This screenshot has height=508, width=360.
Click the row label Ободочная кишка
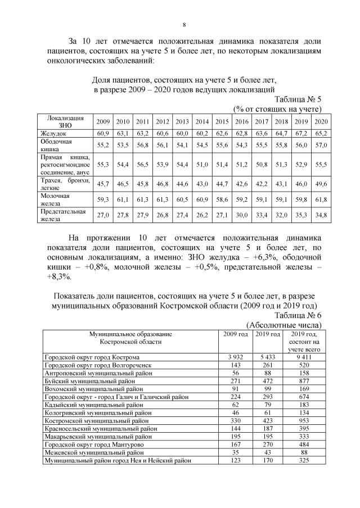click(x=53, y=146)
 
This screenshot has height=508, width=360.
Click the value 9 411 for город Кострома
click(x=304, y=357)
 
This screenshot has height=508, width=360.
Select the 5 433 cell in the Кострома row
click(x=267, y=357)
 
